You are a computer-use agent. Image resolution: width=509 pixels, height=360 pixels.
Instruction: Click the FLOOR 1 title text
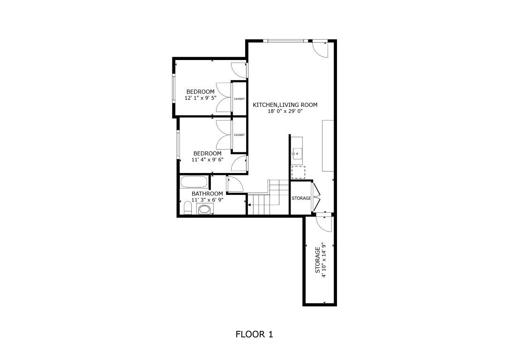[x=254, y=334]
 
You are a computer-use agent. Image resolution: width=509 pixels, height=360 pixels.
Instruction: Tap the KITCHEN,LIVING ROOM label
[x=285, y=105]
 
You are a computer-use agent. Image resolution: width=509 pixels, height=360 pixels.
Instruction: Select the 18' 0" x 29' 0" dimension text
[x=285, y=112]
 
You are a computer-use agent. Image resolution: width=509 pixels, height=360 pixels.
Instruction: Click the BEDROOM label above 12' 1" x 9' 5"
[x=200, y=91]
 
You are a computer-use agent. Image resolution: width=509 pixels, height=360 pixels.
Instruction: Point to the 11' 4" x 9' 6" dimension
[x=207, y=159]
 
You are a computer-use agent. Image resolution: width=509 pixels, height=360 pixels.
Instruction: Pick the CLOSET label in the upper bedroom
[x=240, y=99]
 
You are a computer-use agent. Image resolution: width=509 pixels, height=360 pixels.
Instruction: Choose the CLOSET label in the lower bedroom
[x=240, y=135]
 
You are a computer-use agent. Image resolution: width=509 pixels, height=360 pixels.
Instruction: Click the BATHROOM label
[x=207, y=194]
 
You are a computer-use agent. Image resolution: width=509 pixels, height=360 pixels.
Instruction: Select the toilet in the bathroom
[x=187, y=208]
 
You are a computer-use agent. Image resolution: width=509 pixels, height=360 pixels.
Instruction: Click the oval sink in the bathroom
[x=204, y=210]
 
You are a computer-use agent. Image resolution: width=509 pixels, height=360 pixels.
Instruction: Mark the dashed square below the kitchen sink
[x=298, y=172]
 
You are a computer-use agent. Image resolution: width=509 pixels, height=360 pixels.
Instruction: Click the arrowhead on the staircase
[x=250, y=204]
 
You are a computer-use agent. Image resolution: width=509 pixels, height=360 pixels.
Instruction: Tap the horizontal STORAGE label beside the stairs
[x=301, y=198]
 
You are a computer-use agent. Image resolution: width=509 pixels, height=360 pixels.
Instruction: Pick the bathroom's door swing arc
[x=234, y=183]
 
